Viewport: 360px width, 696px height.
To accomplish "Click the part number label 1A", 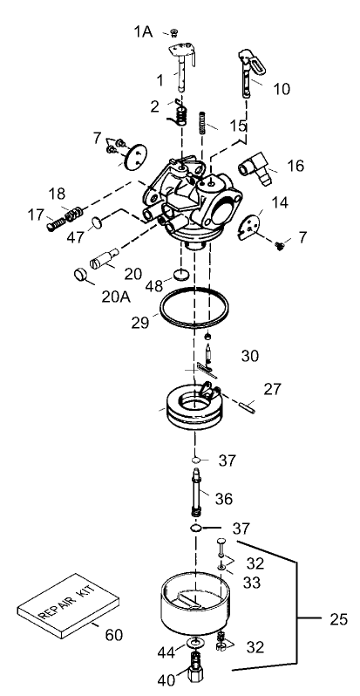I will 142,31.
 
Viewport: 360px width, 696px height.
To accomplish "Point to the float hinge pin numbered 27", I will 248,402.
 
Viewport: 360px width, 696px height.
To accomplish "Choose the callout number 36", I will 224,499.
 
